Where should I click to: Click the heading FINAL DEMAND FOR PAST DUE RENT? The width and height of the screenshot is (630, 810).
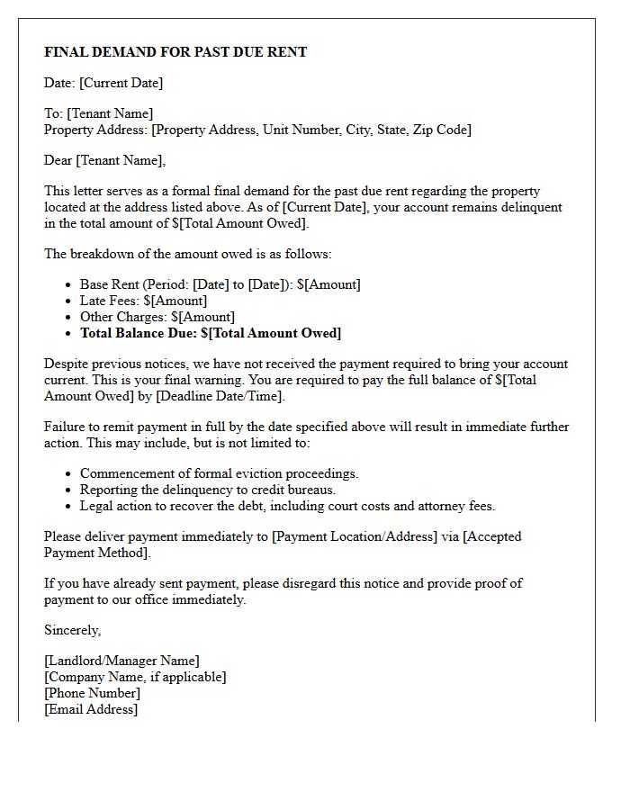click(175, 52)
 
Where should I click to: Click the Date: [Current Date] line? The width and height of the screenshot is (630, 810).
click(103, 83)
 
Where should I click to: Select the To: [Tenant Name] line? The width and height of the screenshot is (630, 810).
click(99, 113)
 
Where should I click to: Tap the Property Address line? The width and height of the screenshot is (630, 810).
click(257, 130)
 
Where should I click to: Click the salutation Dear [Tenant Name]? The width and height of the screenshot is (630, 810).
click(105, 160)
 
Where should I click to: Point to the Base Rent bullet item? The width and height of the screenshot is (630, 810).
click(220, 284)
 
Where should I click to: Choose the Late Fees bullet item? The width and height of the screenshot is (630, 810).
click(143, 301)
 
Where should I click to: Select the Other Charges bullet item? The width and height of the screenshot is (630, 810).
click(157, 317)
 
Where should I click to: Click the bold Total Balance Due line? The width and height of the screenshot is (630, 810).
click(211, 333)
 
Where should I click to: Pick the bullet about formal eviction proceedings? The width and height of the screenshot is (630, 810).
click(219, 473)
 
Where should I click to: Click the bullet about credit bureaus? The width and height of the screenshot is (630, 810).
click(207, 490)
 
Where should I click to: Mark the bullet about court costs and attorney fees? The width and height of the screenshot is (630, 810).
click(287, 506)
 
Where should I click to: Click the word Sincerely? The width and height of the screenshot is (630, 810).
click(73, 630)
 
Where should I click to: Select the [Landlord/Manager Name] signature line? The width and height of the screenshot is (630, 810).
click(121, 661)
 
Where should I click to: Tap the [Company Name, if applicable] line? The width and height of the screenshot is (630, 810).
click(135, 677)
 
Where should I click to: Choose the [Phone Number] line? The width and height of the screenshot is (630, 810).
click(92, 693)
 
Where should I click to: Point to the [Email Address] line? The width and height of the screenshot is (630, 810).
click(91, 709)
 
